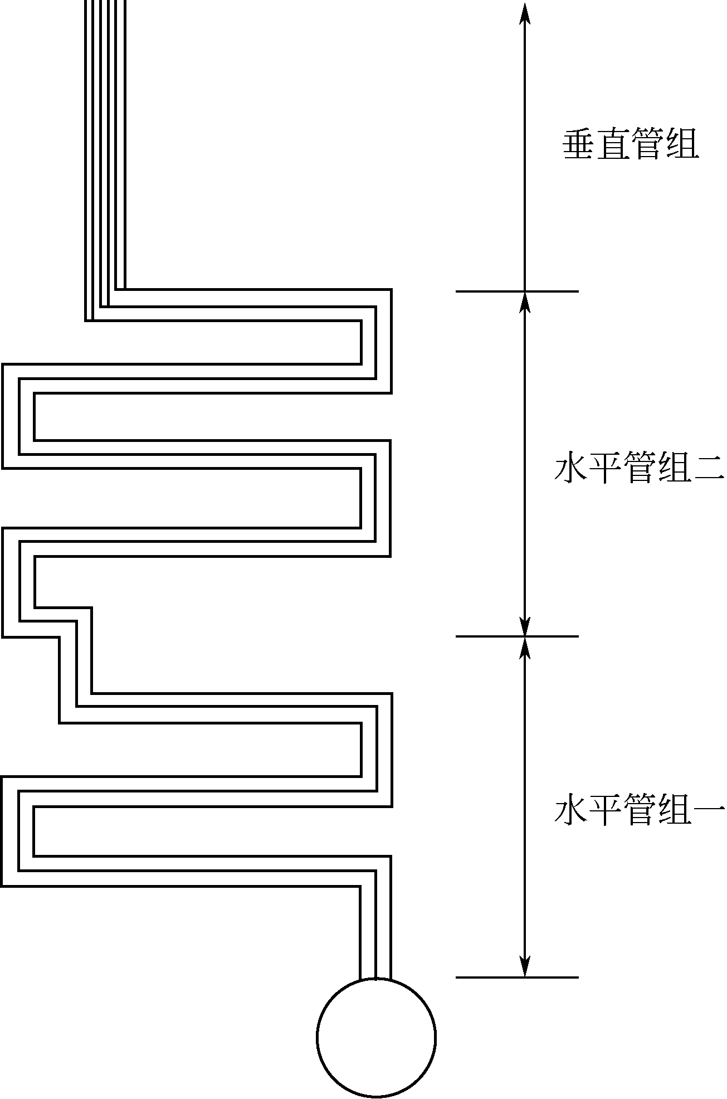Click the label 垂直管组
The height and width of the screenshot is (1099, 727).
tap(631, 145)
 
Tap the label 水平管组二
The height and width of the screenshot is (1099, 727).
tap(639, 469)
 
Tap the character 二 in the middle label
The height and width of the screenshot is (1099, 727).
tap(709, 469)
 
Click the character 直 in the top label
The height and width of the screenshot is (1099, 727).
tap(613, 145)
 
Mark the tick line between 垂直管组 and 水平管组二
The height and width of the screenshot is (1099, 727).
tap(517, 291)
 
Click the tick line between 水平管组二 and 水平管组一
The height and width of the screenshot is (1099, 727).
tap(517, 636)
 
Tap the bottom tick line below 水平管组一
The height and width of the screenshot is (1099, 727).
tap(517, 977)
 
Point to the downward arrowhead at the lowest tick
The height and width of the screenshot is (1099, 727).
tap(524, 967)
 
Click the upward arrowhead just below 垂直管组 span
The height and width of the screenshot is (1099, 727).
tap(524, 302)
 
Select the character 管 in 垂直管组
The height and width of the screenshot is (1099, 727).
tap(648, 145)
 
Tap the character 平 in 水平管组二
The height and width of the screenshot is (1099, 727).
tap(605, 469)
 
